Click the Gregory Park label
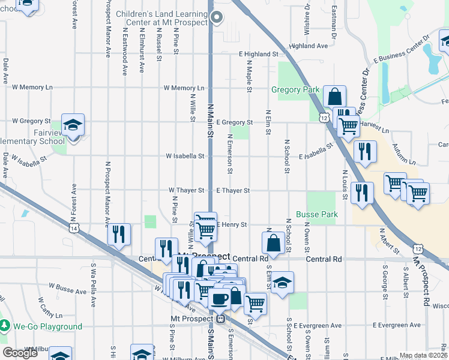tap(295, 90)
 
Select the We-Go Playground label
tap(47, 327)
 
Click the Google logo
tap(20, 353)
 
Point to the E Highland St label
tap(259, 54)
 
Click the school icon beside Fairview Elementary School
tap(73, 125)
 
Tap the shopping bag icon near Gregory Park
tap(334, 96)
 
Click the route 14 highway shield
tap(74, 229)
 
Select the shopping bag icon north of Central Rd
tap(273, 243)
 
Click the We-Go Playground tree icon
tap(5, 326)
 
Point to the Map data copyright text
tap(423, 355)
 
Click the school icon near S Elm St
tap(282, 283)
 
